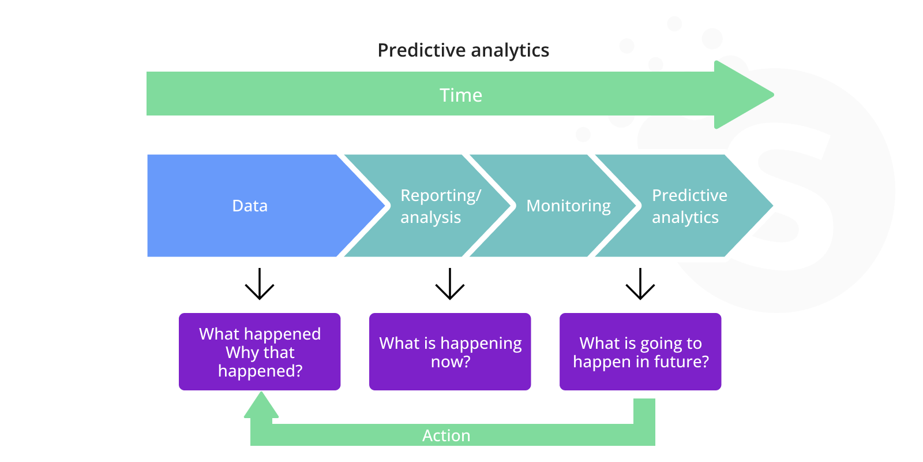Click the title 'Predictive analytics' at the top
point(463,50)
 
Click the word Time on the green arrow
point(460,95)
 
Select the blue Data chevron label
point(250,206)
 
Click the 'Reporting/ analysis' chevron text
point(440,206)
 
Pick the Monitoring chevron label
point(568,206)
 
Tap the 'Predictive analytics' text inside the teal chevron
point(689,206)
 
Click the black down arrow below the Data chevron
point(260,284)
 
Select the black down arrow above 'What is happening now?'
point(450,284)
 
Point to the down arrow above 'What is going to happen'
point(640,284)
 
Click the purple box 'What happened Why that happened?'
point(260,352)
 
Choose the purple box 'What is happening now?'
point(450,352)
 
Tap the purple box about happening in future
point(640,352)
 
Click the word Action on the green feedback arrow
point(446,435)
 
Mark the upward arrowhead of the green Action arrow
point(261,405)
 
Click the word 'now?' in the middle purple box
point(451,362)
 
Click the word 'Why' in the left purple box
point(238,352)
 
